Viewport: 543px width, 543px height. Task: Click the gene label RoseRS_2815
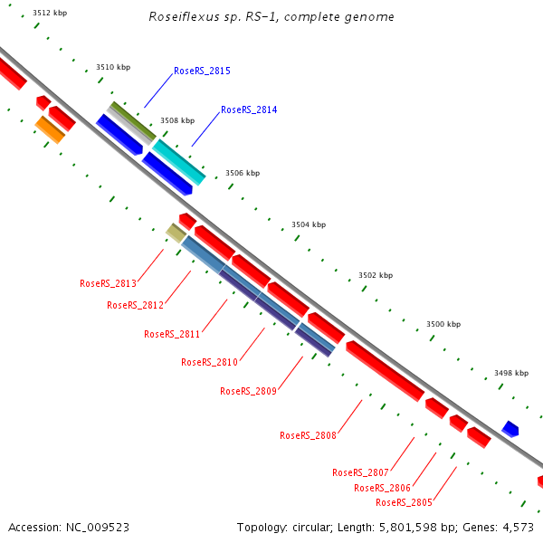pyautogui.click(x=202, y=71)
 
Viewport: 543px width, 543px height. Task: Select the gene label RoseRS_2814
pyautogui.click(x=249, y=110)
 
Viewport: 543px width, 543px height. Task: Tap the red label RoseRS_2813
pyautogui.click(x=108, y=283)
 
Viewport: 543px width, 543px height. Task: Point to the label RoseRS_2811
pyautogui.click(x=172, y=334)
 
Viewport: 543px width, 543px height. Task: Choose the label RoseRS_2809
pyautogui.click(x=248, y=391)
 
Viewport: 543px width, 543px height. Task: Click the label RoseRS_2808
pyautogui.click(x=308, y=435)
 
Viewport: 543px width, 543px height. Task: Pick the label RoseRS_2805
pyautogui.click(x=404, y=502)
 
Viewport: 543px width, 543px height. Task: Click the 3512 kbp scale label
pyautogui.click(x=49, y=14)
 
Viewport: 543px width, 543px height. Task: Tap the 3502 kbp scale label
pyautogui.click(x=376, y=275)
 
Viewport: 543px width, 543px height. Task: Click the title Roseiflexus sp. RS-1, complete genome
pyautogui.click(x=271, y=17)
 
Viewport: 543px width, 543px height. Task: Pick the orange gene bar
pyautogui.click(x=50, y=129)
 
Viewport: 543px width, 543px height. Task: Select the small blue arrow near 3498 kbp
pyautogui.click(x=510, y=428)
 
